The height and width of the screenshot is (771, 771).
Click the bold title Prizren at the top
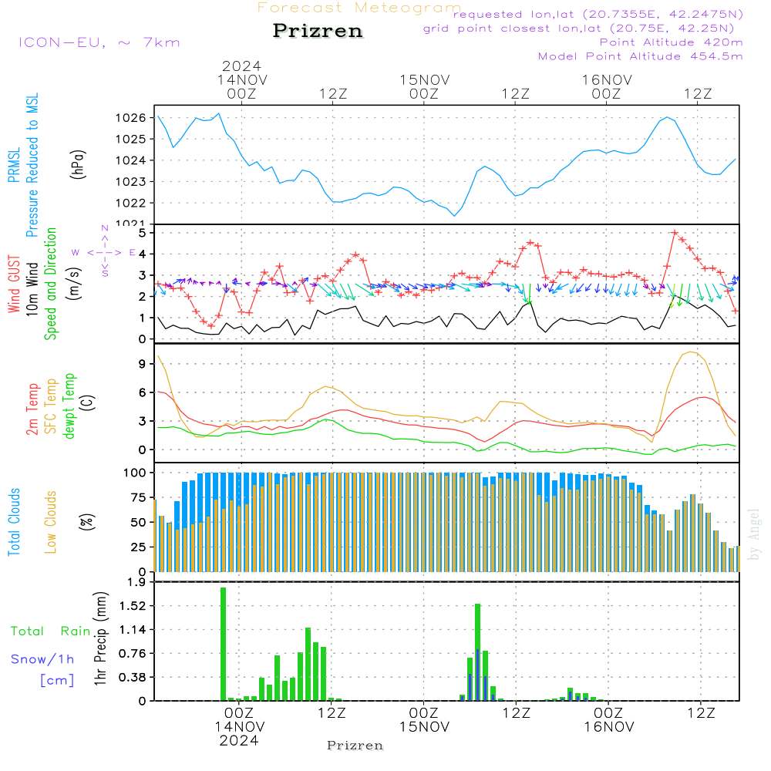coord(318,32)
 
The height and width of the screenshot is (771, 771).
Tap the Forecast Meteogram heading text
coord(359,8)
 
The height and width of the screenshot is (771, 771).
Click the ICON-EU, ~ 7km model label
coord(99,42)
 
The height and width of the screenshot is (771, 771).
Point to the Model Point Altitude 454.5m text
coord(640,56)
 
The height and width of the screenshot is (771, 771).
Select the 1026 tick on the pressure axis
coord(133,118)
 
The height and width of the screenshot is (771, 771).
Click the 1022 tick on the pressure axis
coord(133,204)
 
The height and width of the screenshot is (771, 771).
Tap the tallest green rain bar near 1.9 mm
coord(224,644)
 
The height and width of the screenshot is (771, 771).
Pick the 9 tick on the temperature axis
coord(142,362)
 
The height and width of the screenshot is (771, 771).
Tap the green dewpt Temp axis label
coord(70,406)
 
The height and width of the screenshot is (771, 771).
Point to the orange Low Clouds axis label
coord(52,521)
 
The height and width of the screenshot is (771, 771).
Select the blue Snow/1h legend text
coord(43,659)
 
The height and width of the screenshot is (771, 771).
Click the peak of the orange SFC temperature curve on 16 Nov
coord(692,352)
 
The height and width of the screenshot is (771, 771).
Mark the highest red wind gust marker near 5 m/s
coord(675,232)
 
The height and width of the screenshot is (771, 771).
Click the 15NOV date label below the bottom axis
coord(424,727)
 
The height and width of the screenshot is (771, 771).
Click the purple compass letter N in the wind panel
coord(104,228)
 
